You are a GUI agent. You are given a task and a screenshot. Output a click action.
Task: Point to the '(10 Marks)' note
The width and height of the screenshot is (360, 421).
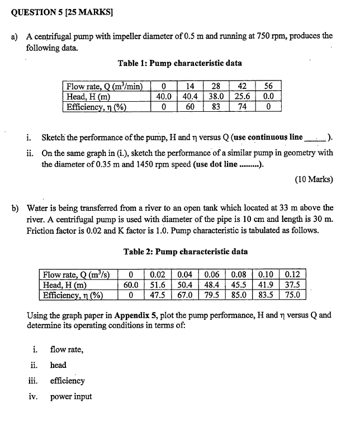pos(313,179)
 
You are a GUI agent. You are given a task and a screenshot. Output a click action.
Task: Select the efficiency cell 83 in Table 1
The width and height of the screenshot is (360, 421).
pos(216,106)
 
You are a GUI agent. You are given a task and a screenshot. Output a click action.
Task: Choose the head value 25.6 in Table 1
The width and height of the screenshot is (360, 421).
pos(242,96)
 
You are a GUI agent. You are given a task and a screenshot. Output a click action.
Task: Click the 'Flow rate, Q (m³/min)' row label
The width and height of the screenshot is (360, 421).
pos(104,86)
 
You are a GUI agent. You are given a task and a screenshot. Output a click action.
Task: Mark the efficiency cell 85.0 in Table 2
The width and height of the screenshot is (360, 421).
pos(239,295)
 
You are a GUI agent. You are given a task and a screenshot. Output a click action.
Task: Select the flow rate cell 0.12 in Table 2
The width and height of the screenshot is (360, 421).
pos(292,275)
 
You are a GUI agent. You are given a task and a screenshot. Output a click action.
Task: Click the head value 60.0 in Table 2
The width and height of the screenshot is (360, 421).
pos(130,285)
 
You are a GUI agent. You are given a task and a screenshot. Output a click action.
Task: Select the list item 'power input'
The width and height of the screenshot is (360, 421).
pos(70,397)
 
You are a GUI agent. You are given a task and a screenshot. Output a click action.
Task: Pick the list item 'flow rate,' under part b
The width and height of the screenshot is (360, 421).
pos(67,350)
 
